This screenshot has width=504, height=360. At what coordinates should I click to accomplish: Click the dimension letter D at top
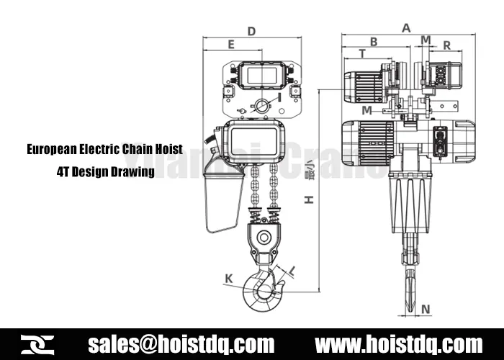pos(251,31)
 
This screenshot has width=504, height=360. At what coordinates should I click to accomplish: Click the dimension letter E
pos(230,45)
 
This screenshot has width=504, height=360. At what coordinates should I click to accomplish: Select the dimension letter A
pos(406,28)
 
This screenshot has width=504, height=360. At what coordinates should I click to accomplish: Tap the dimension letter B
pos(374,42)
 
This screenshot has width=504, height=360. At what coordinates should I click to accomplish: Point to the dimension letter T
pos(361,54)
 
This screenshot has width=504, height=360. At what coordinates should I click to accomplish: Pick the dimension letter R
pos(446,45)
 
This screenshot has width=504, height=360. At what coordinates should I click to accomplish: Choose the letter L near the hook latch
pos(294,270)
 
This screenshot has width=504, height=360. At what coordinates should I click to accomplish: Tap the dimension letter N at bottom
pos(426,310)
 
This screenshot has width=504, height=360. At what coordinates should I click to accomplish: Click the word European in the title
pos(53,150)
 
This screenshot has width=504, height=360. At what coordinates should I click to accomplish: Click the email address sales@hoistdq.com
pos(181,343)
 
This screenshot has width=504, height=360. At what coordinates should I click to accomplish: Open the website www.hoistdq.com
pos(399,343)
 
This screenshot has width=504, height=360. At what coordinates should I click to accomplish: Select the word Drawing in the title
pos(136,171)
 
